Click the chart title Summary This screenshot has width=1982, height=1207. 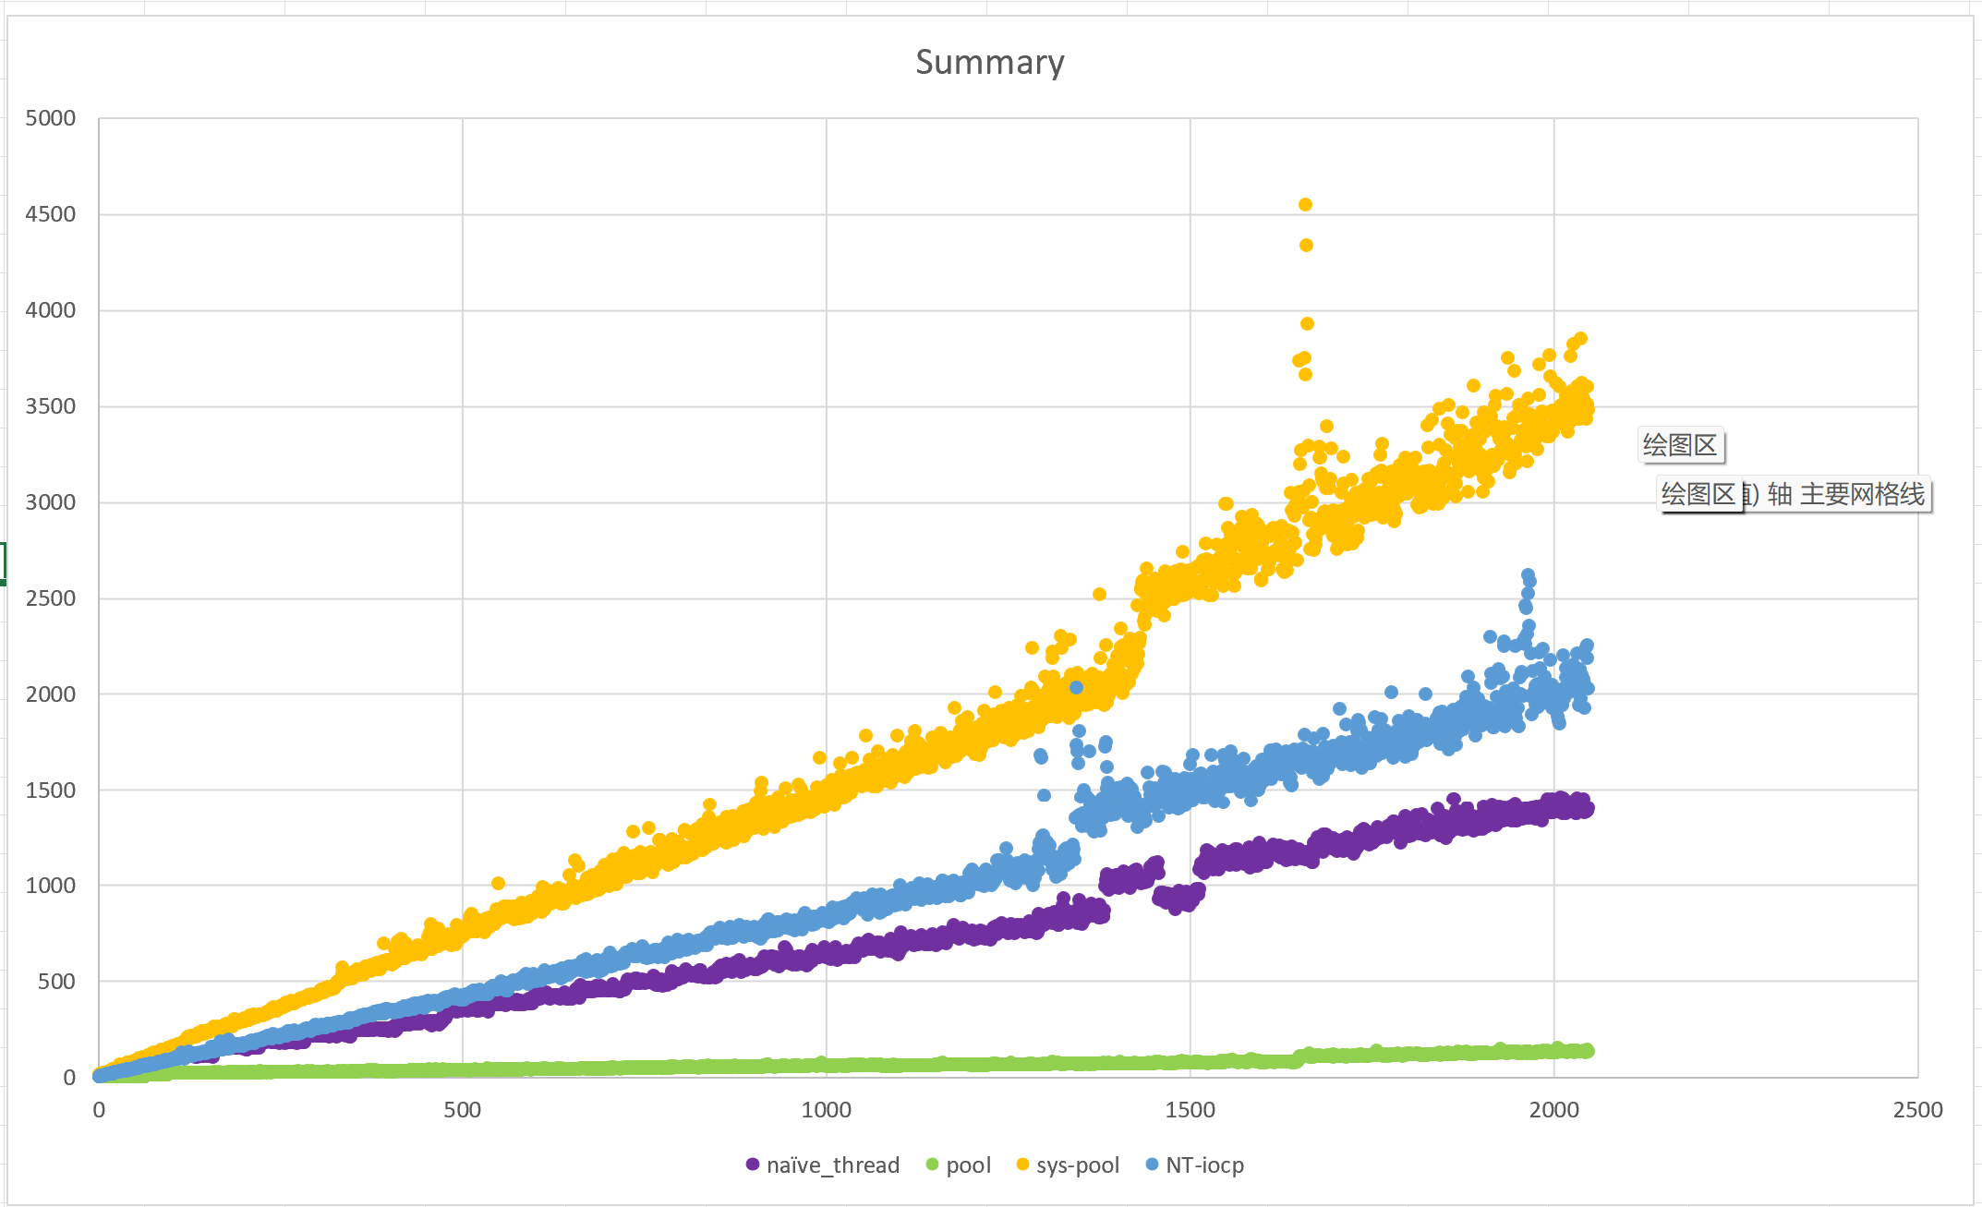(989, 63)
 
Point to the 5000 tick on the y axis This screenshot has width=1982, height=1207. (51, 118)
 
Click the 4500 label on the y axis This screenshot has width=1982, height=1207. (51, 214)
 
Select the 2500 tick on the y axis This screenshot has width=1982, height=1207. (51, 598)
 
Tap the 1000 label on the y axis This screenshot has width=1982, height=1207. (51, 886)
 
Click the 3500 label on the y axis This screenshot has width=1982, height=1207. (51, 406)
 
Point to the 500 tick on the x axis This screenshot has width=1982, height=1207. (462, 1110)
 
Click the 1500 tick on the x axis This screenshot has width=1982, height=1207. (1190, 1110)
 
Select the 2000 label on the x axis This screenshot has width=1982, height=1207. (1553, 1110)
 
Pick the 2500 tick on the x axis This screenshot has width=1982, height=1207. (1917, 1110)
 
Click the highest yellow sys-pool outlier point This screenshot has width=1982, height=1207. (1305, 205)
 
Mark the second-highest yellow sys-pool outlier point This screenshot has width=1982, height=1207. (1306, 246)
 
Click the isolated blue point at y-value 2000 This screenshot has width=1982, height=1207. (1076, 687)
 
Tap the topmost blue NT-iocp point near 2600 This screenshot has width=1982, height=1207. (1528, 575)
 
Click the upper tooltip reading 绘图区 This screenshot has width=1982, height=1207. (1680, 445)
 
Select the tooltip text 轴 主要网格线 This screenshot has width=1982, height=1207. (1845, 495)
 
